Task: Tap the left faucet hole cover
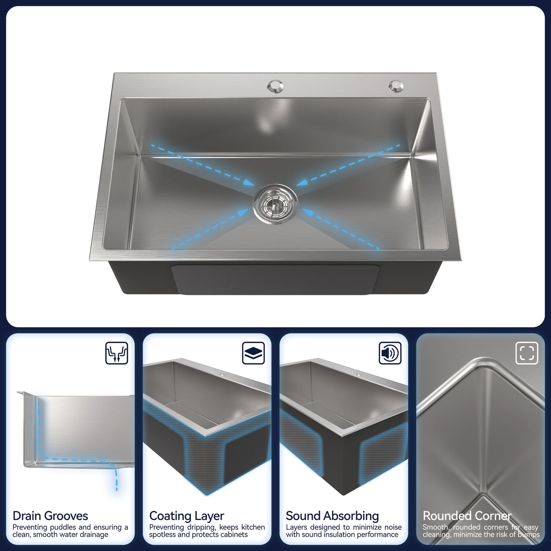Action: (x=275, y=87)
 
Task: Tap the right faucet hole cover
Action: (x=396, y=86)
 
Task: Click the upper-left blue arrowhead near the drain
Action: (x=249, y=183)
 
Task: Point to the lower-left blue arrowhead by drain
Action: (x=244, y=212)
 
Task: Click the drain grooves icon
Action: (x=117, y=353)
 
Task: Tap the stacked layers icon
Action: (x=254, y=353)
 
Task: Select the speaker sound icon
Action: (x=390, y=353)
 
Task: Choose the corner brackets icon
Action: (x=527, y=353)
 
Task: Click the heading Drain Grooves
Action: (x=50, y=516)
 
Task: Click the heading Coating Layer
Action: (x=187, y=516)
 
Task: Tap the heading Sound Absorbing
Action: (x=332, y=516)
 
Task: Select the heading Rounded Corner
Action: (x=467, y=516)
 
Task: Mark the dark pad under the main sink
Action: (x=275, y=279)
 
